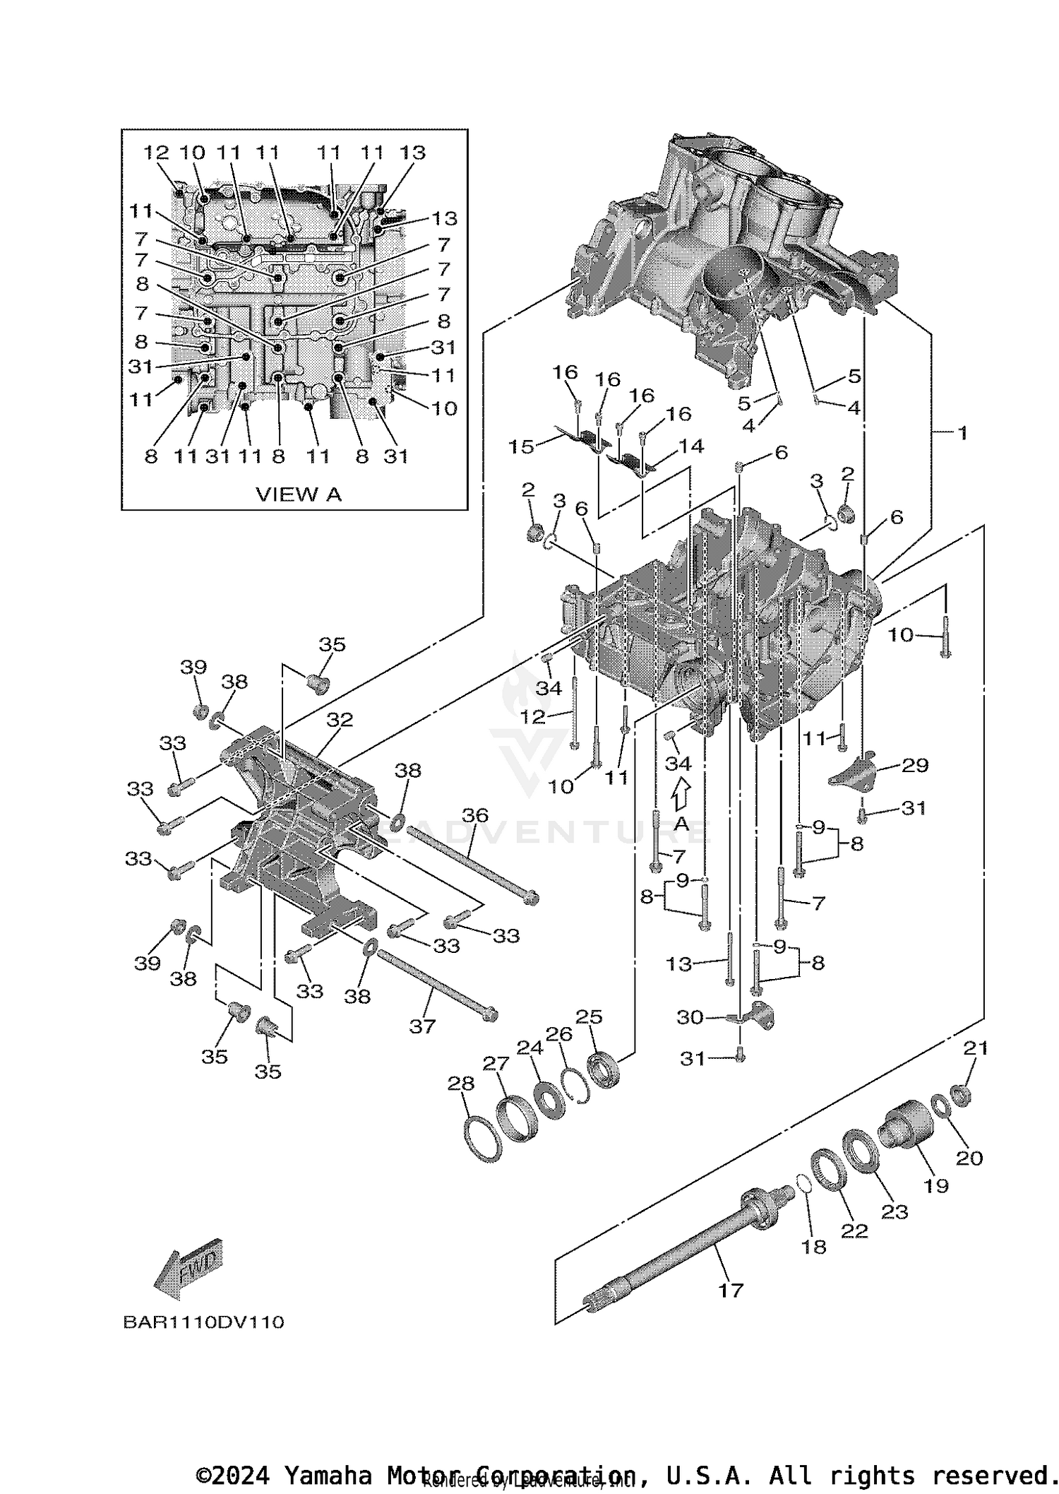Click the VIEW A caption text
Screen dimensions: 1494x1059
point(298,494)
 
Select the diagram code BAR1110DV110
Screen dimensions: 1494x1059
point(203,1322)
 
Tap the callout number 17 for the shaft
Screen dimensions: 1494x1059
point(731,1291)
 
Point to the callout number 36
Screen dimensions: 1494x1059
point(474,815)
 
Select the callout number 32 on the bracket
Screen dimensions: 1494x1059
point(340,720)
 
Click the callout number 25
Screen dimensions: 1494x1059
point(589,1016)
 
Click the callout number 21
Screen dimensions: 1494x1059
point(975,1048)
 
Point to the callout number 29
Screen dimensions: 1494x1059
point(915,765)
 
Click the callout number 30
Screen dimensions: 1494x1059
point(690,1017)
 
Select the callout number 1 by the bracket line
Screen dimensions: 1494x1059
point(962,432)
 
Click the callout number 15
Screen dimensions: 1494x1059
point(522,447)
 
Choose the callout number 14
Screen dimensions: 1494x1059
point(691,446)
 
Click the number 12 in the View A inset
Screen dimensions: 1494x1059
point(156,152)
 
